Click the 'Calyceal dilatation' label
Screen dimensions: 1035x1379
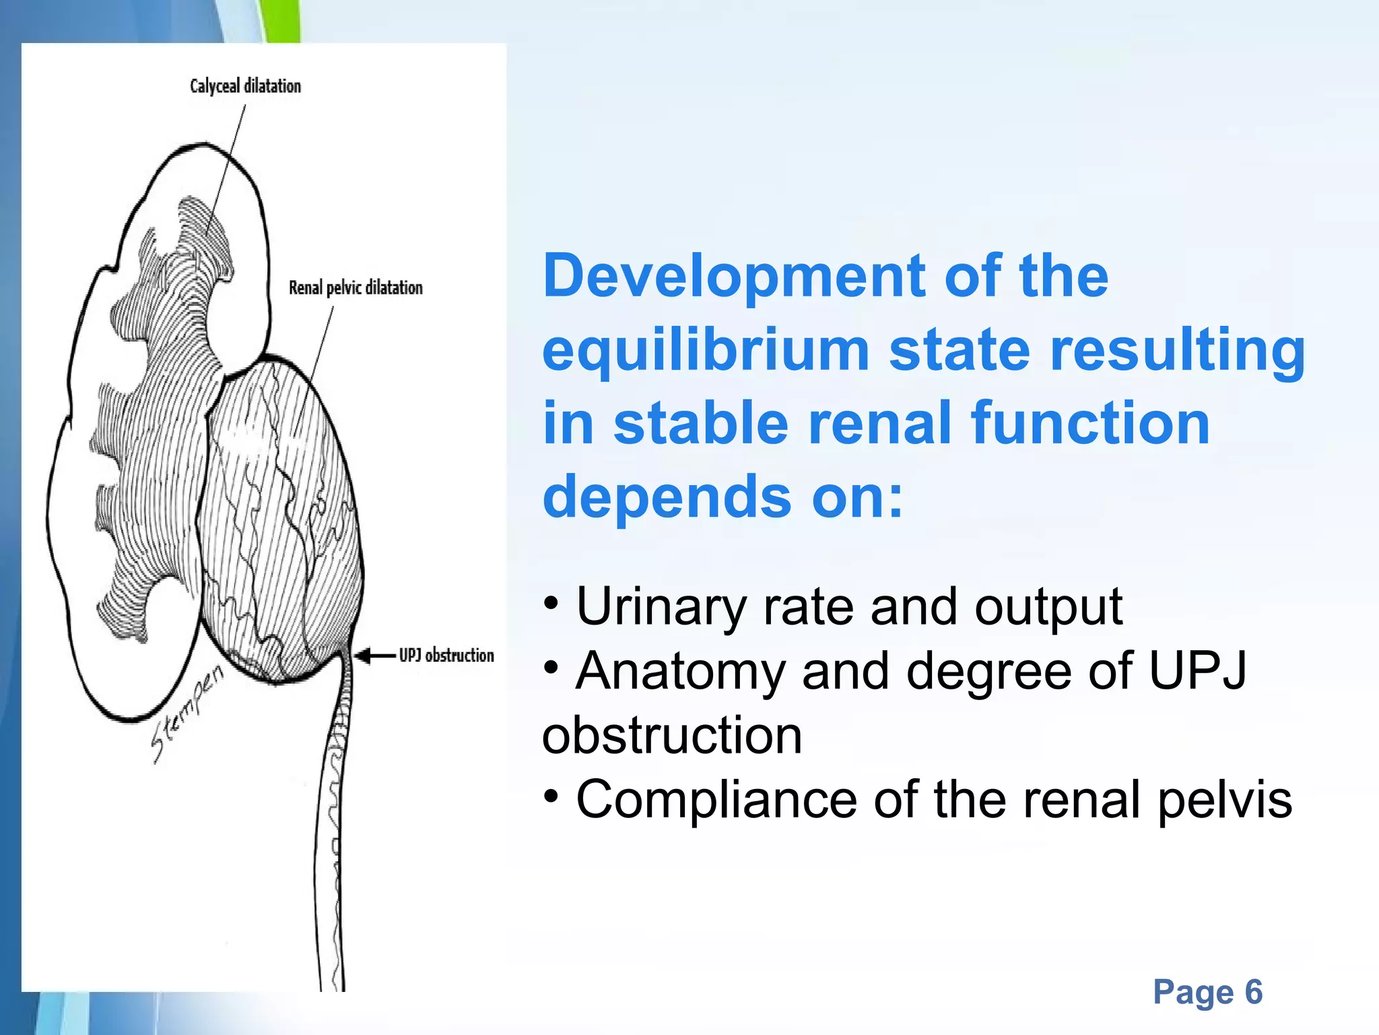coord(245,86)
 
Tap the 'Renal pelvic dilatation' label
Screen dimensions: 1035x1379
coord(356,288)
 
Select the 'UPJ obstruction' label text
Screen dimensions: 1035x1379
coord(446,655)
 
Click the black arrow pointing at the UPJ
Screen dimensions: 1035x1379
coord(374,655)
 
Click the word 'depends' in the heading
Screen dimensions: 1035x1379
coord(667,497)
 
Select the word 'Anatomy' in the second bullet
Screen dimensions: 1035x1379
coord(680,671)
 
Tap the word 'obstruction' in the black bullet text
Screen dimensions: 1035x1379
coord(672,735)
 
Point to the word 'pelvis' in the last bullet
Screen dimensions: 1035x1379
coord(1225,800)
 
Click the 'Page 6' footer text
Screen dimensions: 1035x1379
coord(1207,992)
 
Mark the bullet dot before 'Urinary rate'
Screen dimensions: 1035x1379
coord(551,602)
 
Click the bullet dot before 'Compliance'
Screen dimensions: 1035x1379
coord(551,796)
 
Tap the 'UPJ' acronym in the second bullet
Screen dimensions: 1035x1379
coord(1197,671)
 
